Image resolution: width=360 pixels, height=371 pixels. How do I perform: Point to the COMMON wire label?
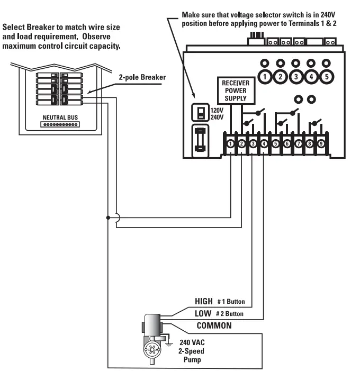214,325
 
